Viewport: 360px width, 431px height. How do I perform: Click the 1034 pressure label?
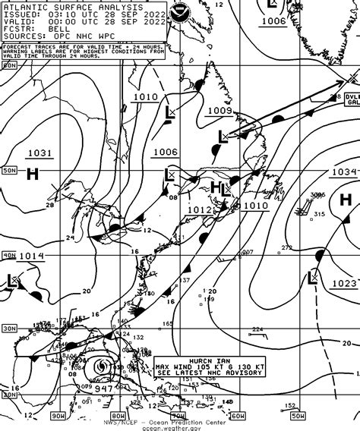pos(343,172)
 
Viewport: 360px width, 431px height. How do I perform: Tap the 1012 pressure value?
pos(199,209)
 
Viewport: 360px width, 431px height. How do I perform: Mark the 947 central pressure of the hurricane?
pos(103,389)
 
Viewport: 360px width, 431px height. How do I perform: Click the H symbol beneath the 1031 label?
pos(33,174)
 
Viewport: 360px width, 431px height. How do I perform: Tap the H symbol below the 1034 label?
pos(346,200)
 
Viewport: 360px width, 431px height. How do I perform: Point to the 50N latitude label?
pos(9,171)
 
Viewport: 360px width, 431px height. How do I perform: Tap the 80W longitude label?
pos(117,415)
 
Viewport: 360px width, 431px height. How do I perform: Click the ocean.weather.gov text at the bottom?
pos(179,426)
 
